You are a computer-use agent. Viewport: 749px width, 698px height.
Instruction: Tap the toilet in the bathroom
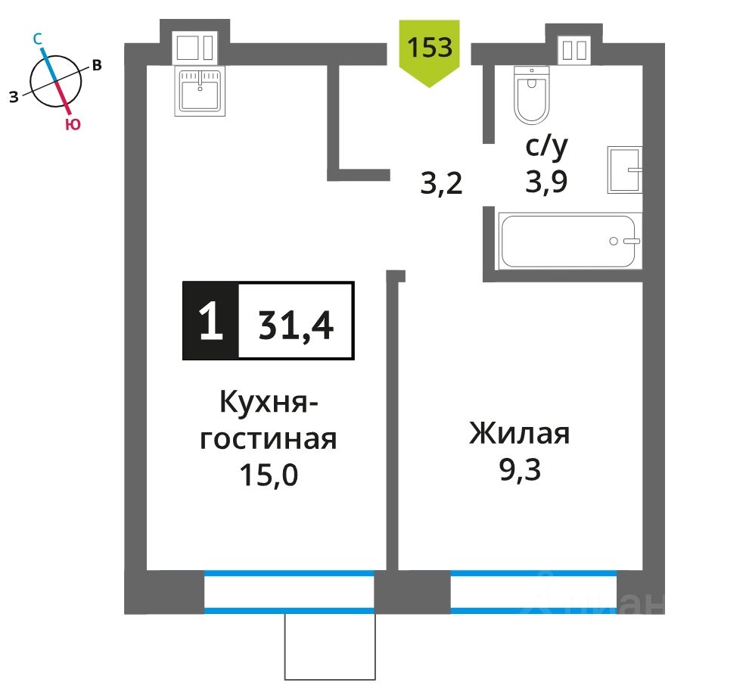pyautogui.click(x=531, y=95)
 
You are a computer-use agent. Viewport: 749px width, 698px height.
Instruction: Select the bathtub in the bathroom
pyautogui.click(x=567, y=241)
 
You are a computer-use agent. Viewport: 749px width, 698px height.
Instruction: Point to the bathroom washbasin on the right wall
pyautogui.click(x=624, y=170)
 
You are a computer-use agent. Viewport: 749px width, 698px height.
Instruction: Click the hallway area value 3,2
pyautogui.click(x=441, y=183)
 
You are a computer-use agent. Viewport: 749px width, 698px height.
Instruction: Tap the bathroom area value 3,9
pyautogui.click(x=546, y=182)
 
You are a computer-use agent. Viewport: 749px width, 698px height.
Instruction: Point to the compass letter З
pyautogui.click(x=14, y=95)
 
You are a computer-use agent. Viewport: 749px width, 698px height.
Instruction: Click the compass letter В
pyautogui.click(x=96, y=65)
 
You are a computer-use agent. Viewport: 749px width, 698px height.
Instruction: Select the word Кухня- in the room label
pyautogui.click(x=268, y=402)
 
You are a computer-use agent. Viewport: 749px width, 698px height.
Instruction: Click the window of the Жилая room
pyautogui.click(x=533, y=592)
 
